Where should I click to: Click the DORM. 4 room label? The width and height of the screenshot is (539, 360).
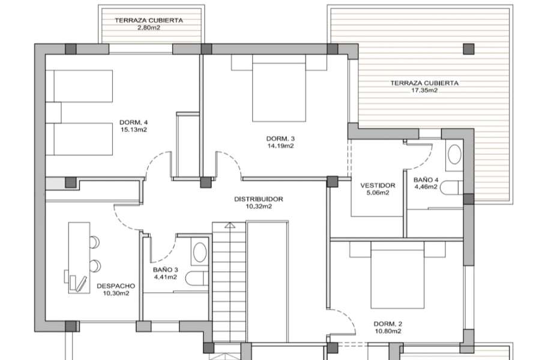pyautogui.click(x=134, y=122)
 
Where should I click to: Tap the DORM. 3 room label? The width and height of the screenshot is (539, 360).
pyautogui.click(x=280, y=139)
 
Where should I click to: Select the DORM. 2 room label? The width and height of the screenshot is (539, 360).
pyautogui.click(x=387, y=323)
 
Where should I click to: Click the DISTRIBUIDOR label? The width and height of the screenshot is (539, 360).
pyautogui.click(x=258, y=199)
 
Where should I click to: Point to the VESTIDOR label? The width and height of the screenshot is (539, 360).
pyautogui.click(x=378, y=185)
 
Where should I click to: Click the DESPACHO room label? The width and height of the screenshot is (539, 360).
pyautogui.click(x=116, y=286)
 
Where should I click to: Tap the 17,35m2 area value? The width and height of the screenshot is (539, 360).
pyautogui.click(x=424, y=91)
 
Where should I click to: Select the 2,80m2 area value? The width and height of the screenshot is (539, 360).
pyautogui.click(x=149, y=28)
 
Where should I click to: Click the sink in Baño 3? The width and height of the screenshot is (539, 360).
pyautogui.click(x=200, y=253)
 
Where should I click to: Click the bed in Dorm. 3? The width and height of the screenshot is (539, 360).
pyautogui.click(x=279, y=88)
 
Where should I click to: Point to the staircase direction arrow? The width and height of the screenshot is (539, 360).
pyautogui.click(x=229, y=226)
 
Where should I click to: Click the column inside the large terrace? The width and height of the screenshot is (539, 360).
pyautogui.click(x=468, y=49)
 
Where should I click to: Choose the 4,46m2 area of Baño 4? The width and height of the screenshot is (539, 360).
pyautogui.click(x=426, y=187)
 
